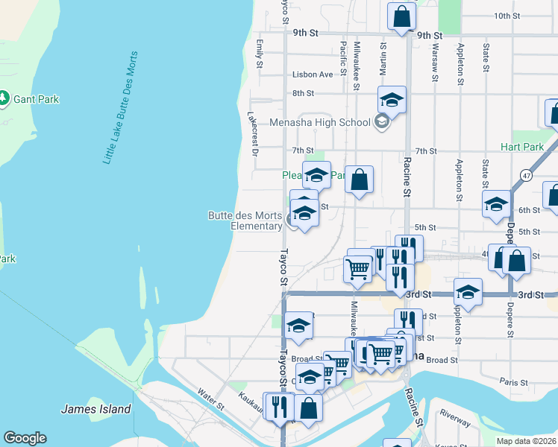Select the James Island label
[95, 409]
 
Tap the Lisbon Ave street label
[313, 74]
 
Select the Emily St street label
[260, 54]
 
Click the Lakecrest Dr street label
[253, 134]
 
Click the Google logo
[25, 438]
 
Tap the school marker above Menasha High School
[392, 99]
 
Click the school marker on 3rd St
[468, 291]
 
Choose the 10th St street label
[506, 16]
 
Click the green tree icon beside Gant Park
[4, 98]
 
